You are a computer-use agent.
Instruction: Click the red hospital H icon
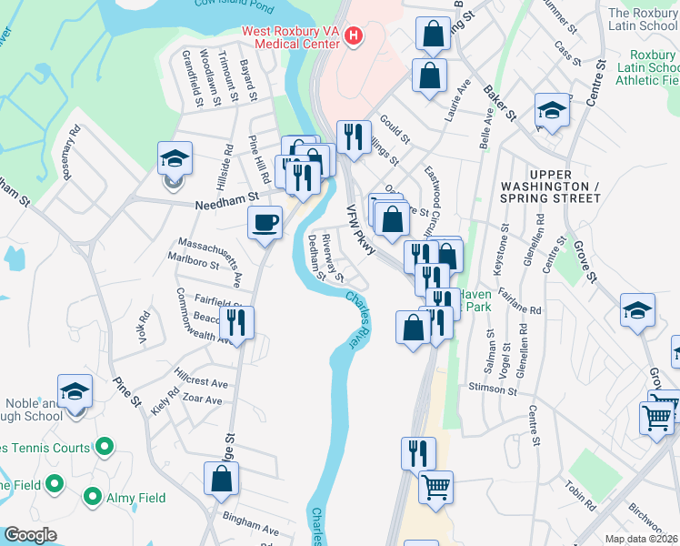[x=355, y=36]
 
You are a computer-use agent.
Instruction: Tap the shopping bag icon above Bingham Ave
[x=222, y=479]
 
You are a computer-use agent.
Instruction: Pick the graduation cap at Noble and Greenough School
[x=75, y=392]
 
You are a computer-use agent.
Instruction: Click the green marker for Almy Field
[x=93, y=497]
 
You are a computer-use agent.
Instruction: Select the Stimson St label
[x=493, y=389]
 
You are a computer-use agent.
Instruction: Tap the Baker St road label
[x=500, y=103]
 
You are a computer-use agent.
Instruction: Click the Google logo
[x=30, y=535]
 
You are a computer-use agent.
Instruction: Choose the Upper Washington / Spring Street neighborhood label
[x=550, y=186]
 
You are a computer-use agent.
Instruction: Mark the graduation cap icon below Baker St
[x=551, y=111]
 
